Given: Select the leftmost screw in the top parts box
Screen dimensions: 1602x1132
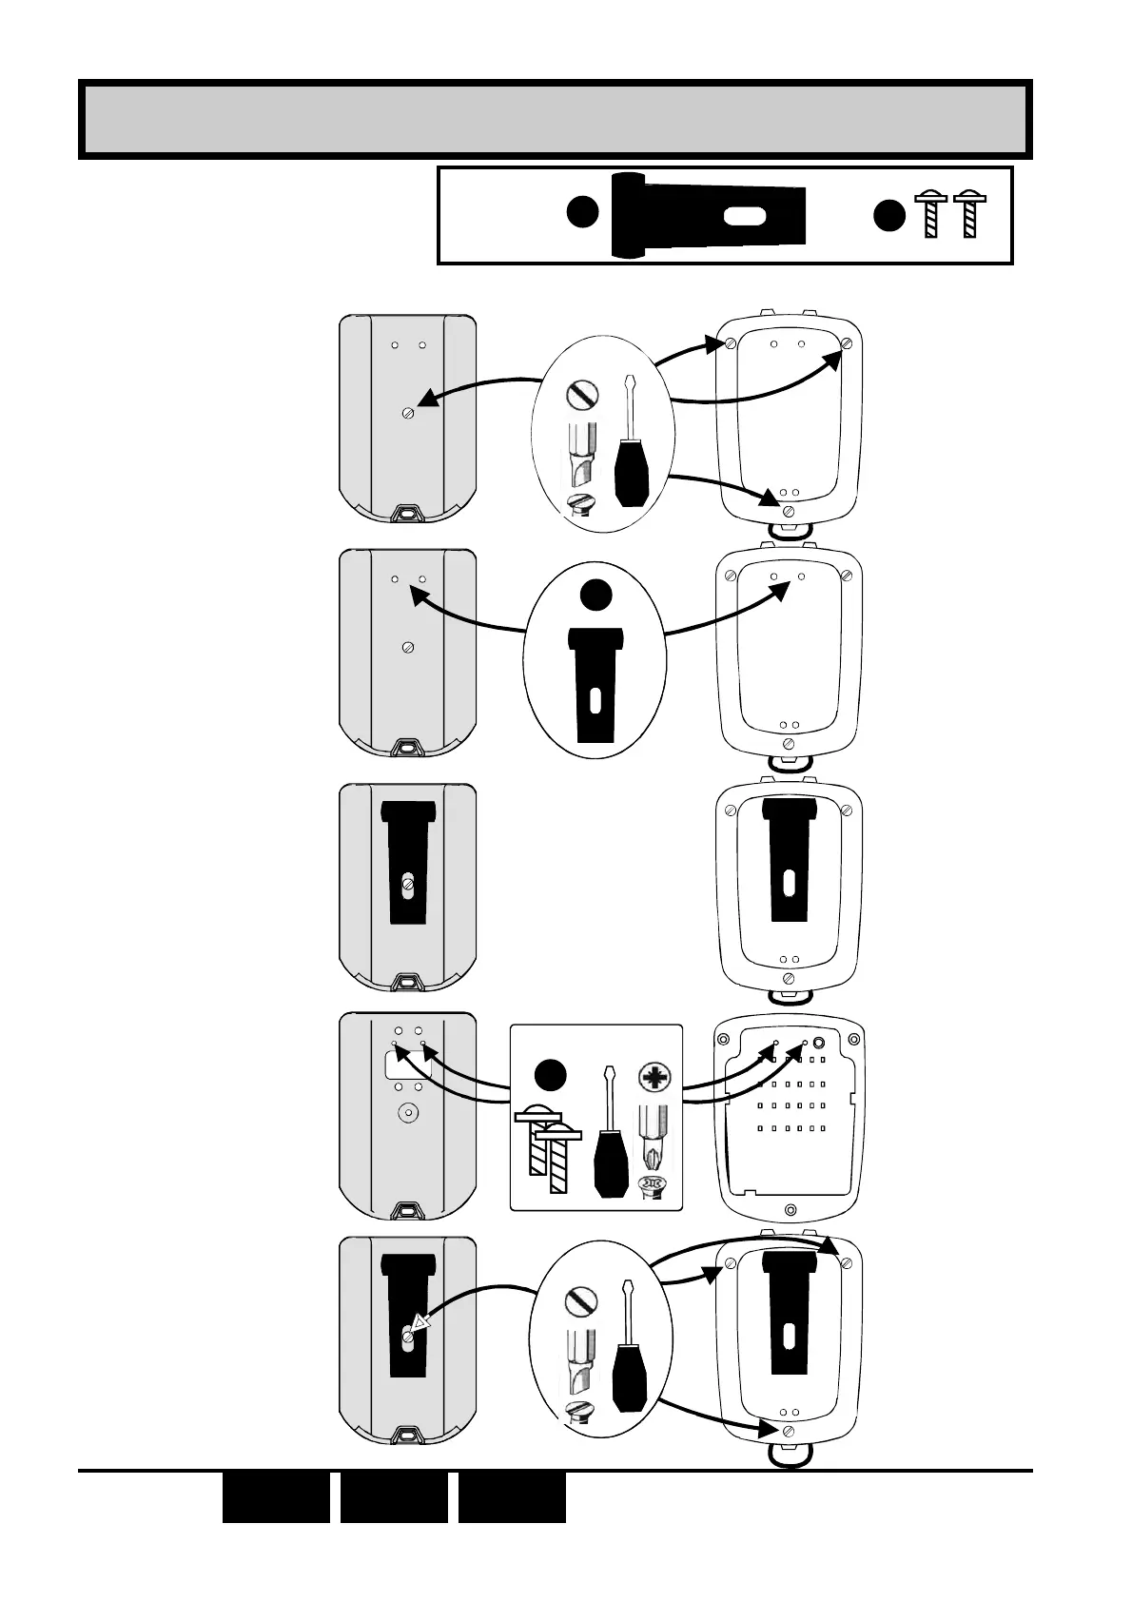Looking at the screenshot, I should [930, 215].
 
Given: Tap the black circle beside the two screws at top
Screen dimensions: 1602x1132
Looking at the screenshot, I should [889, 216].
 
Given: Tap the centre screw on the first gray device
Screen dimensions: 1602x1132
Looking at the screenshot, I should [408, 413].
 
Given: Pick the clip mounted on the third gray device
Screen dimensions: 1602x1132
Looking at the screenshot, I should [408, 861].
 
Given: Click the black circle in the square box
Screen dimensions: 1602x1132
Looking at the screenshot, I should [549, 1075].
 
